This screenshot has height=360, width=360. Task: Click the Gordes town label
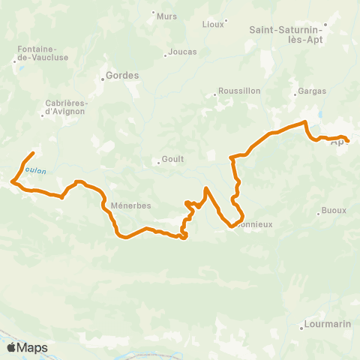coord(122,76)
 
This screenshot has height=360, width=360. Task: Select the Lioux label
coord(213,24)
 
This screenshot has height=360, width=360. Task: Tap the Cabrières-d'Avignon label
coord(65,107)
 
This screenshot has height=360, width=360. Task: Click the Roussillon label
coord(238,91)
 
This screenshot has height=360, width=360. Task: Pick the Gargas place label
coord(312,90)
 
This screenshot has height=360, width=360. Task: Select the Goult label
coord(172,160)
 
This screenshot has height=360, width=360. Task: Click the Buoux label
coord(334,211)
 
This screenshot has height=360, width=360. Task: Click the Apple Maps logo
coord(27,347)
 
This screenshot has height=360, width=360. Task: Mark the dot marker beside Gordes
coord(103,76)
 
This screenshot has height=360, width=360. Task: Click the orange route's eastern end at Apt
coord(348,139)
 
